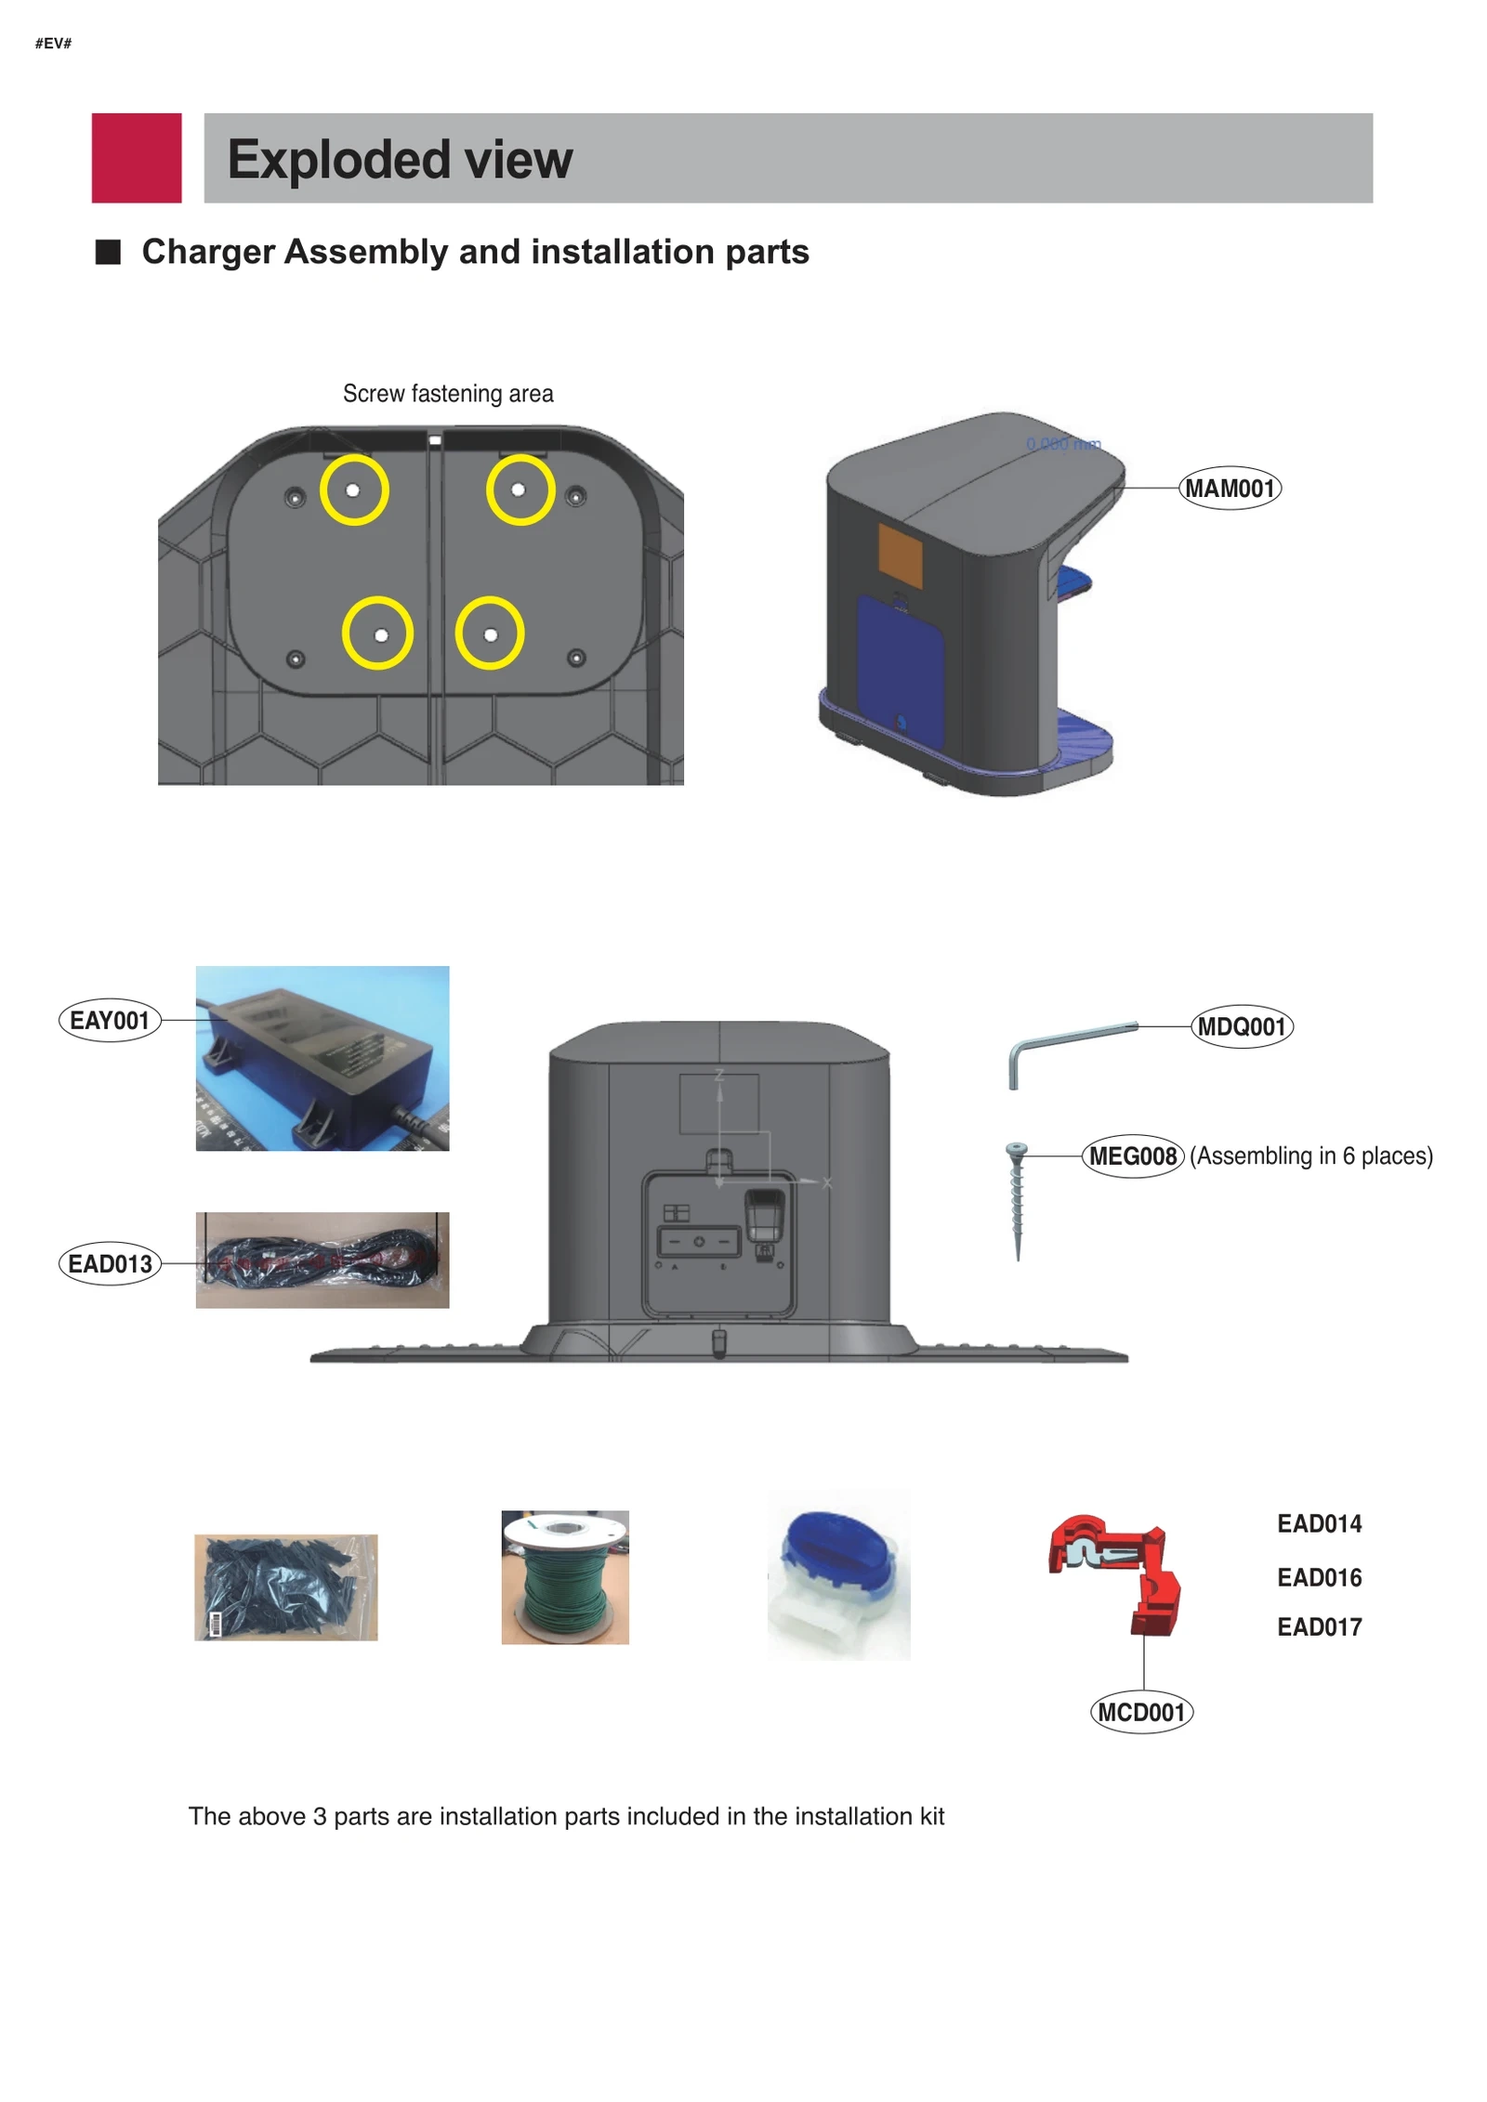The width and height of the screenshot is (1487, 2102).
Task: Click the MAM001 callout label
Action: (1229, 489)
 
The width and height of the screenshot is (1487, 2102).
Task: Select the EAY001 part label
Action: (109, 1021)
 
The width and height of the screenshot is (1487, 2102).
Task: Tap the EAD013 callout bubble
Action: (110, 1264)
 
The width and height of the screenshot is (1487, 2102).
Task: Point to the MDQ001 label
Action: (1241, 1026)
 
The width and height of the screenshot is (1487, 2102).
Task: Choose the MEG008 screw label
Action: (1132, 1156)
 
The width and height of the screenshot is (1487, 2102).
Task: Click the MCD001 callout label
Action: (1140, 1712)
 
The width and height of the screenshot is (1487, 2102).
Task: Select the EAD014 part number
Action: (1319, 1524)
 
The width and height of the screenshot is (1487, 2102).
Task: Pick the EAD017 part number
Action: (1319, 1627)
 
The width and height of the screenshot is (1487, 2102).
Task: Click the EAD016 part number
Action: (1319, 1577)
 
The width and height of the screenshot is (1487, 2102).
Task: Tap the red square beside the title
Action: (137, 158)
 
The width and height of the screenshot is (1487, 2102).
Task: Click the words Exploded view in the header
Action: (400, 160)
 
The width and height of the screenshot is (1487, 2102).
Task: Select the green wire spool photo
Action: (565, 1577)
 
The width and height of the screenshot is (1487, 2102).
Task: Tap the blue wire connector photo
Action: (838, 1575)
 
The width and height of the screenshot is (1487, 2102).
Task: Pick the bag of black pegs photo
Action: (285, 1586)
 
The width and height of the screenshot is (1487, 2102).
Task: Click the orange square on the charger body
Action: (900, 555)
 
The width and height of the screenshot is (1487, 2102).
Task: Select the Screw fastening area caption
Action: (448, 394)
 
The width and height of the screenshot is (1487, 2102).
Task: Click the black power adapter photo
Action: (322, 1058)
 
